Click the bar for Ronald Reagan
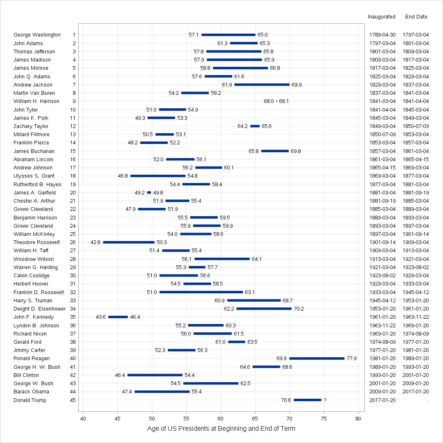point(317,359)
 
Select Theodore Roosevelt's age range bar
point(128,242)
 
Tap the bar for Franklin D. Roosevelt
point(201,292)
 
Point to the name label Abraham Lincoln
point(33,159)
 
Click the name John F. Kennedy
point(34,317)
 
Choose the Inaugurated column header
point(381,17)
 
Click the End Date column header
point(416,17)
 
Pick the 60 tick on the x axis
point(221,419)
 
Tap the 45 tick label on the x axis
point(118,419)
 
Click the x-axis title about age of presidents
point(221,429)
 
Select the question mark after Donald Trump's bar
point(325,400)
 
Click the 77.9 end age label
point(352,359)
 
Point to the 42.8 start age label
point(95,242)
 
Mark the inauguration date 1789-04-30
point(382,35)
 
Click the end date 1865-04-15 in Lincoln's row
point(416,159)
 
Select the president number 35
point(73,317)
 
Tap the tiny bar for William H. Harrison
point(276,101)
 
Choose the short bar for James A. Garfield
point(149,192)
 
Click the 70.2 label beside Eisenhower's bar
point(299,309)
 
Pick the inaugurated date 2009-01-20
point(382,392)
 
